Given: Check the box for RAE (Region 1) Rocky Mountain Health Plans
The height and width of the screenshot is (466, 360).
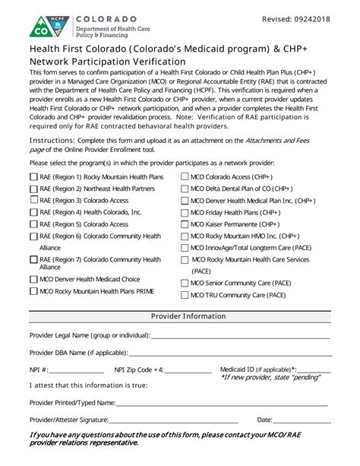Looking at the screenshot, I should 33,177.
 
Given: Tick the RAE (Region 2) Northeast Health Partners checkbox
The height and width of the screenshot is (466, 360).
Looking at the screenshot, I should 33,189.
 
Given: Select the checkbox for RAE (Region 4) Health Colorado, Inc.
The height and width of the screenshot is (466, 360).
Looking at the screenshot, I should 33,212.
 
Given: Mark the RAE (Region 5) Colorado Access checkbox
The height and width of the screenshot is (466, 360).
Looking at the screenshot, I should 33,224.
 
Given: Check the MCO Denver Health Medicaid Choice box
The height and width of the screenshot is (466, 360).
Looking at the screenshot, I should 33,279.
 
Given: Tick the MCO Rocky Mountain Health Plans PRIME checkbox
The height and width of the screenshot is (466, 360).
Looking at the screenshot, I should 33,291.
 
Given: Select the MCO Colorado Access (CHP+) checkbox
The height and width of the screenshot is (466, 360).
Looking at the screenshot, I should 185,177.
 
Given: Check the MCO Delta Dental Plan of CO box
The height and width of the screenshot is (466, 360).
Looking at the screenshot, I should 185,189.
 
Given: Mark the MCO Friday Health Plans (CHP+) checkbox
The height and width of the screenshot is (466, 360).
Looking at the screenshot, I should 185,213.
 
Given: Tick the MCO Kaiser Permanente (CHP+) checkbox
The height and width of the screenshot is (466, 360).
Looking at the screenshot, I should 185,225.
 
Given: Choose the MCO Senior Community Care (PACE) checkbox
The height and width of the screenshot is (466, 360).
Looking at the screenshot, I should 185,283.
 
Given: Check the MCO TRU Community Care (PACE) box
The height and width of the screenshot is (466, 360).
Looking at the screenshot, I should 185,295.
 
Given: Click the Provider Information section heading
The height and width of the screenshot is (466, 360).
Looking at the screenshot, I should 188,315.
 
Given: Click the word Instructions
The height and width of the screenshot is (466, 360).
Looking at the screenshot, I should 52,141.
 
